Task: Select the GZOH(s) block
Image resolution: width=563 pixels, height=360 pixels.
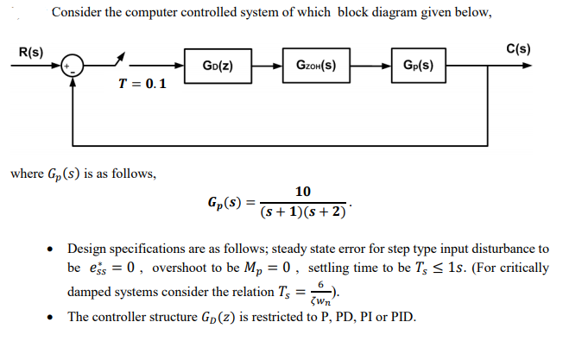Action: point(316,65)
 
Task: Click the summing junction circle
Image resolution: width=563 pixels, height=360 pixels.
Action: point(74,66)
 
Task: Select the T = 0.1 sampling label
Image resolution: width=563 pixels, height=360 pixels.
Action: point(142,84)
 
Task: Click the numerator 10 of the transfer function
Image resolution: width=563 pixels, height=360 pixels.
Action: point(303,191)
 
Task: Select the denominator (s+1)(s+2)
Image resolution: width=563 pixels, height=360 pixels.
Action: point(303,212)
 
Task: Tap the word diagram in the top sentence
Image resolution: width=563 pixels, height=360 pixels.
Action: point(395,12)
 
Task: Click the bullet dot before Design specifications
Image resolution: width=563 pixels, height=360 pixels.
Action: point(55,249)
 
